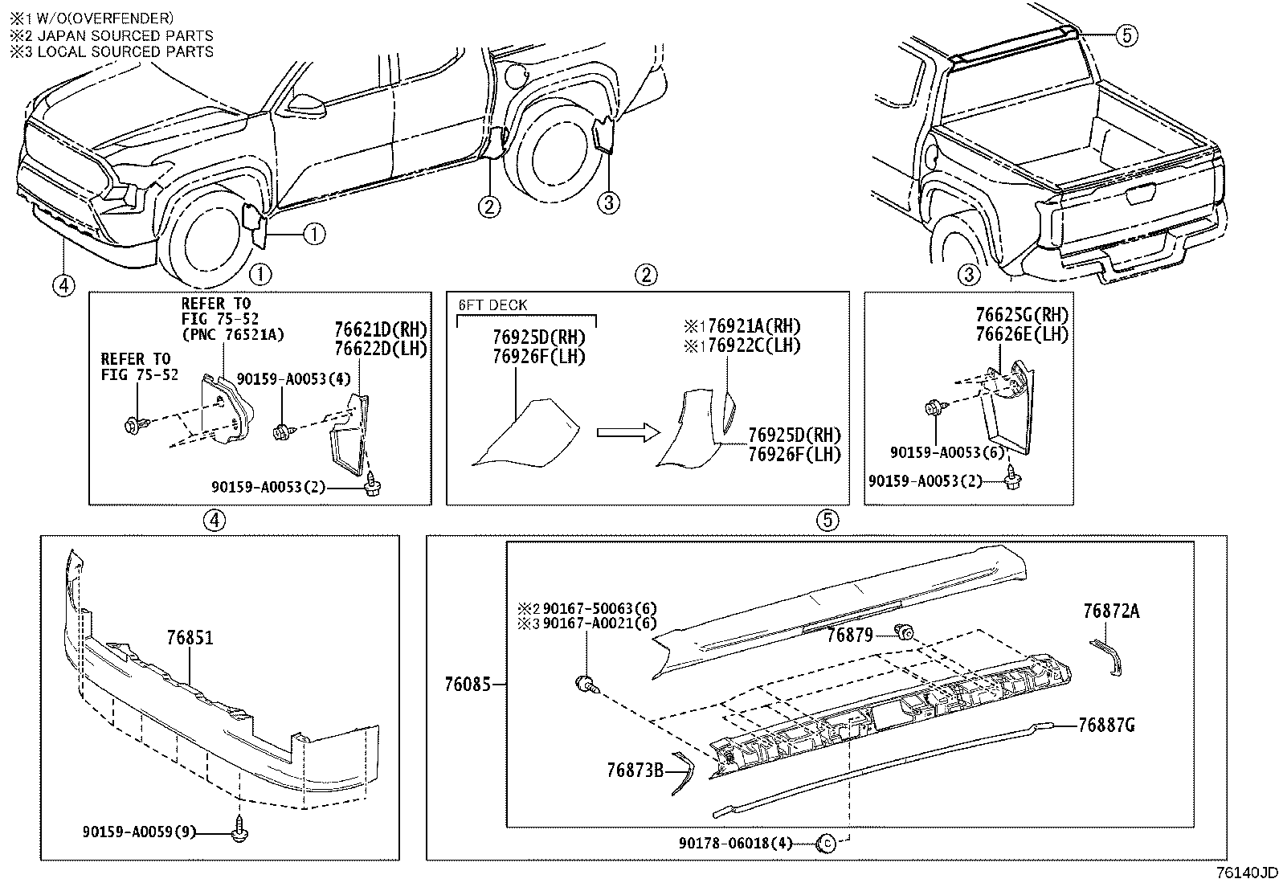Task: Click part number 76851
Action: pos(190,638)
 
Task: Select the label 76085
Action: pos(468,685)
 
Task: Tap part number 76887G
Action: pos(1106,726)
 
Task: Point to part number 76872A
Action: pos(1110,611)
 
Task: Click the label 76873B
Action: pos(635,771)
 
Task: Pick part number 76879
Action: pos(850,636)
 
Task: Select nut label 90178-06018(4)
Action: pos(735,843)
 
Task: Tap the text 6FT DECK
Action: pos(492,305)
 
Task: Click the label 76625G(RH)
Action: pos(1022,315)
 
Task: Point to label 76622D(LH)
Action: pos(381,349)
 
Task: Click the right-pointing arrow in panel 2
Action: pos(627,433)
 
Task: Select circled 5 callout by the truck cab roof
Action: pos(1126,35)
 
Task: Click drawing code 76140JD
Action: pos(1245,873)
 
